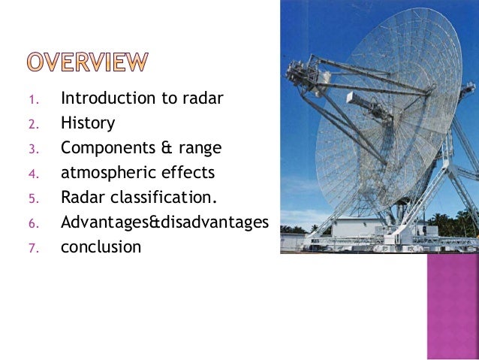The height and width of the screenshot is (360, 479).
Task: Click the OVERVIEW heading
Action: click(x=89, y=62)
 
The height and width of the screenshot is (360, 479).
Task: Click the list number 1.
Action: click(x=32, y=99)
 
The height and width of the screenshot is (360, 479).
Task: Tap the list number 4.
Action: click(x=32, y=174)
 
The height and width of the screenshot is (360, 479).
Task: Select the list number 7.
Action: click(x=32, y=247)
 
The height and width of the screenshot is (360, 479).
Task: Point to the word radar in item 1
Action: click(x=203, y=98)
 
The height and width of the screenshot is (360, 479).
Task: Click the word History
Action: click(x=88, y=123)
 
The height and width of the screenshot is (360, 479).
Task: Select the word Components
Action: click(x=107, y=147)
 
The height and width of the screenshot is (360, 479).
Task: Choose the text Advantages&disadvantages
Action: click(x=164, y=222)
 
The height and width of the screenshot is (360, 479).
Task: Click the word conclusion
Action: click(x=101, y=247)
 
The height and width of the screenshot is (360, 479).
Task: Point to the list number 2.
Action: click(x=32, y=124)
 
